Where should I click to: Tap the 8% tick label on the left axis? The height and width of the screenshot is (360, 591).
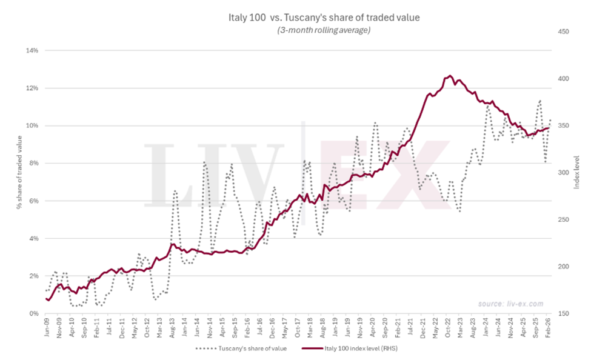pos(33,163)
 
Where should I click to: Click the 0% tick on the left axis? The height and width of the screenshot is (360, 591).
pos(33,313)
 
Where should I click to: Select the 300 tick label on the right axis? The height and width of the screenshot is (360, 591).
pos(563,173)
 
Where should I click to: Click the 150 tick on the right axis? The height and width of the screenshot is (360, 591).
pos(563,313)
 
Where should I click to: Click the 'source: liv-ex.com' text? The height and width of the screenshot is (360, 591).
pos(510,304)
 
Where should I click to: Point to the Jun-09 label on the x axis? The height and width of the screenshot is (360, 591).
pos(46,328)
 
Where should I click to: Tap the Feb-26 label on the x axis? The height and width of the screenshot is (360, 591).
pos(549,328)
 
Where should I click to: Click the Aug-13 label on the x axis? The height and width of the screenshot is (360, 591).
pos(172,328)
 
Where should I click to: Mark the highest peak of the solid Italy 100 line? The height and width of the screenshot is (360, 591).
pos(450,76)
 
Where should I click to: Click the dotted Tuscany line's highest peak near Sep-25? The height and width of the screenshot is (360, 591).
pos(539,101)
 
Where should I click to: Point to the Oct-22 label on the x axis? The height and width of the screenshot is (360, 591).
pos(449,328)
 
